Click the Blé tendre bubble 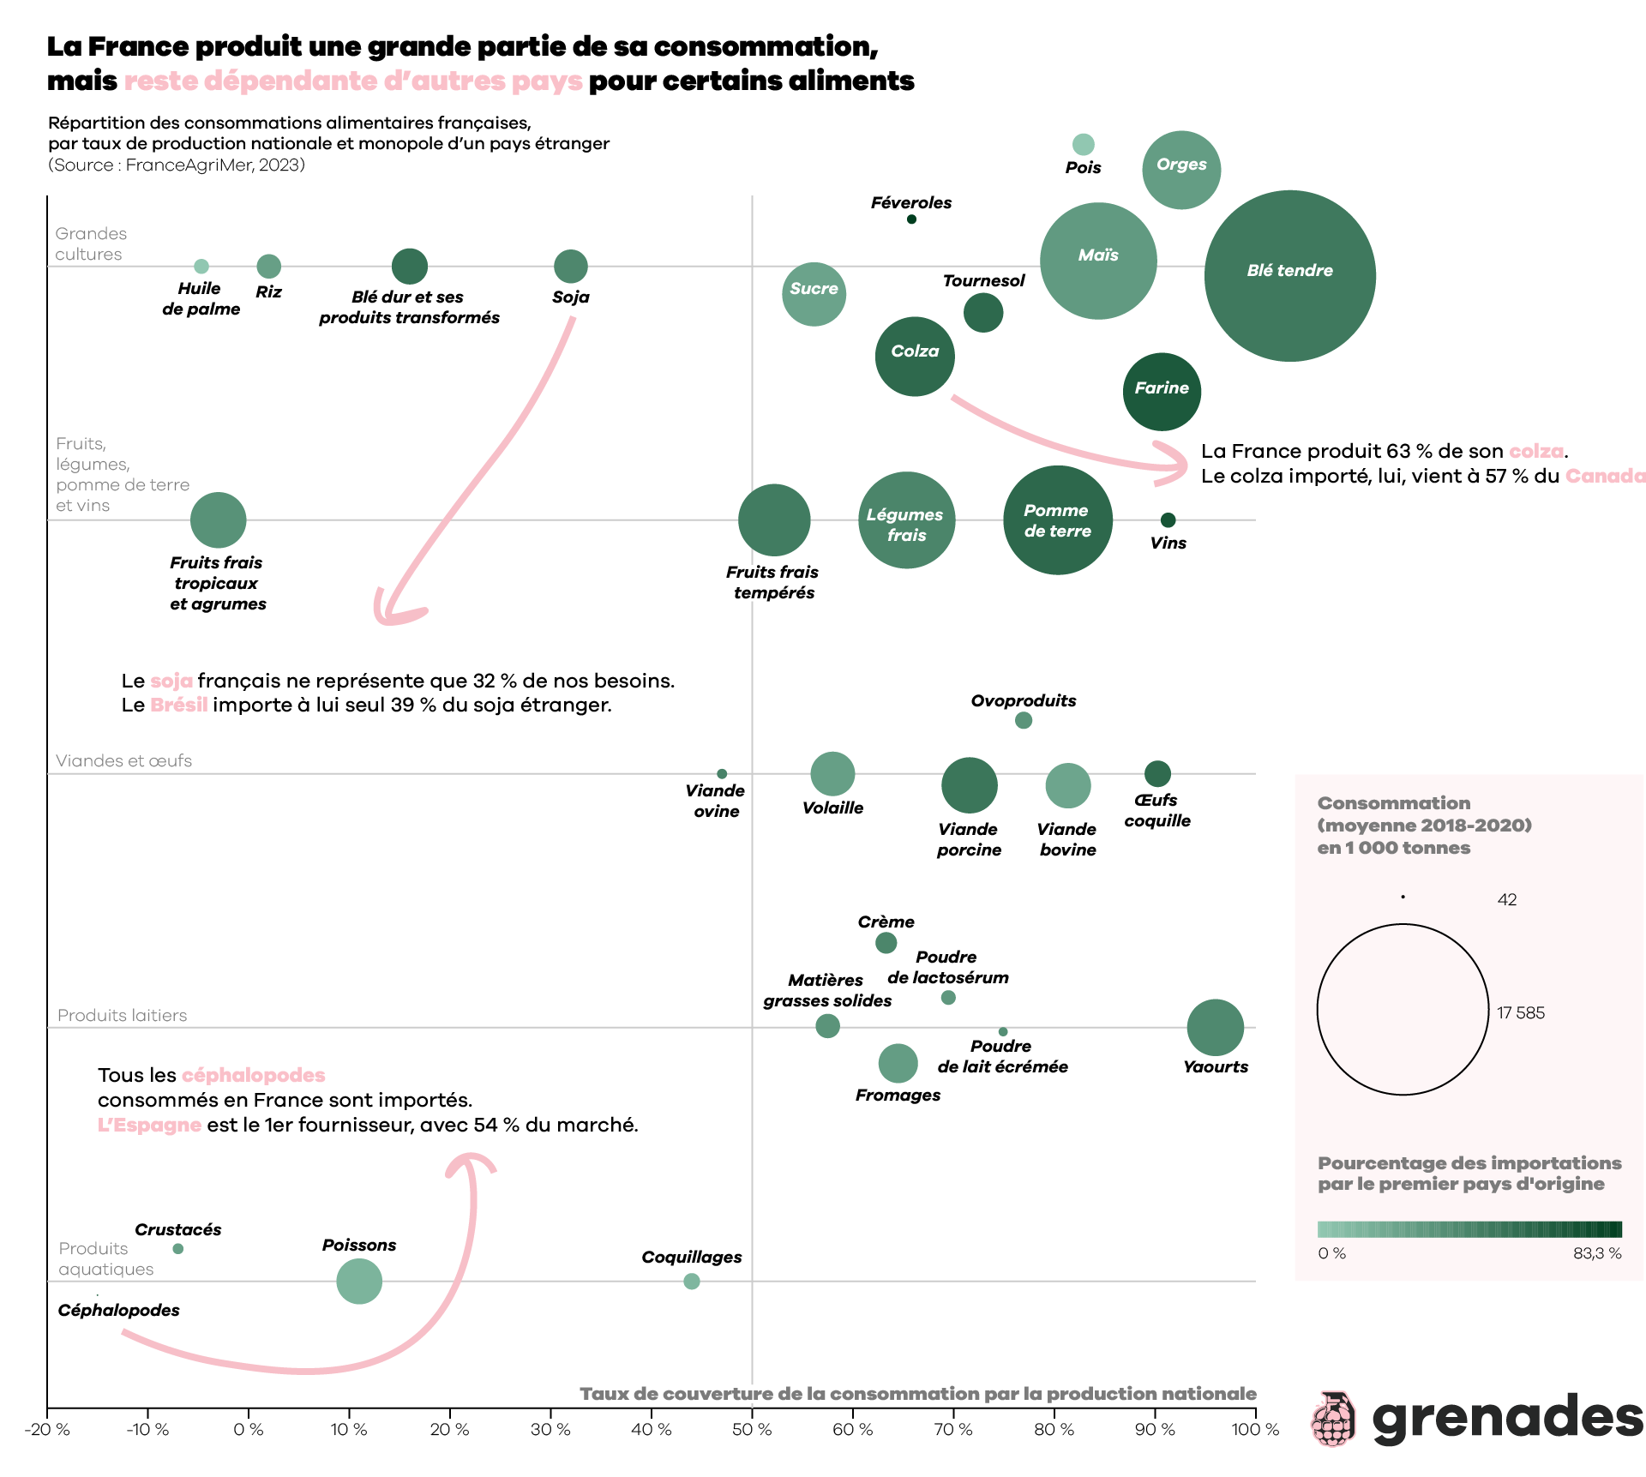coord(1289,275)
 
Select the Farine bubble coord(1162,391)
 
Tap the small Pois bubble coord(1083,144)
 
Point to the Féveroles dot coord(911,219)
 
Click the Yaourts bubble coord(1215,1027)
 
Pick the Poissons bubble coord(359,1281)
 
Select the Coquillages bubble coord(692,1281)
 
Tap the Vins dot coord(1168,520)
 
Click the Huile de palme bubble coord(201,267)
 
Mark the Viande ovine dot coord(722,774)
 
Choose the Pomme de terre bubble coord(1058,520)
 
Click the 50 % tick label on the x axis coord(752,1430)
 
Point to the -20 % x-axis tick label coord(48,1430)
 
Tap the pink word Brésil coord(178,705)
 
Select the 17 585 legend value coord(1520,1012)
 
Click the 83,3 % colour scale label coord(1596,1253)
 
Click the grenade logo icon coord(1333,1419)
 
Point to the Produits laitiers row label coord(122,1015)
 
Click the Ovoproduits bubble coord(1024,720)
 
